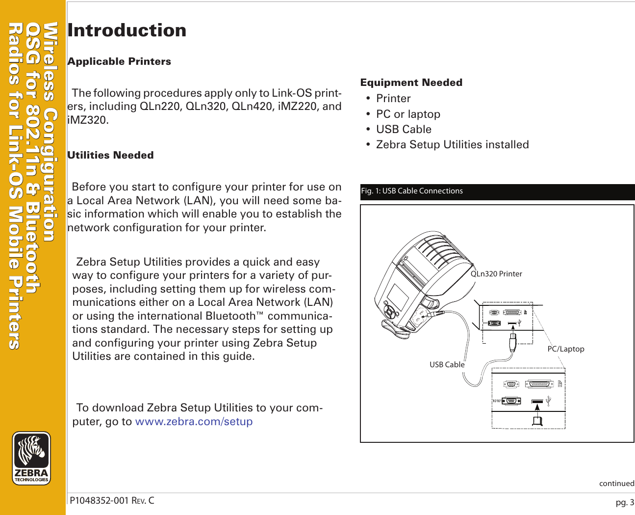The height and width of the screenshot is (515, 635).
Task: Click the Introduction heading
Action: coord(127,30)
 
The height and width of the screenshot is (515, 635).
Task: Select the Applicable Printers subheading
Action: coord(119,61)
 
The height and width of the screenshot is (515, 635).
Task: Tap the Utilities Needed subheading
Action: coord(110,155)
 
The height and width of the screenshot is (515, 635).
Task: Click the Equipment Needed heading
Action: coord(411,82)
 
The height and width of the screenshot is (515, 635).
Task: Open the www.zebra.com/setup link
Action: coord(194,422)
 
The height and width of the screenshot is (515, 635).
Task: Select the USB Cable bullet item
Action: coord(404,129)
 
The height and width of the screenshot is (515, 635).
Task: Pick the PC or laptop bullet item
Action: coord(408,114)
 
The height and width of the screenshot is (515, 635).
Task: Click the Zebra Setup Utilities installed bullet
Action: coord(452,144)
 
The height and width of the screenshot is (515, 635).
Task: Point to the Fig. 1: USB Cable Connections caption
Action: coord(412,191)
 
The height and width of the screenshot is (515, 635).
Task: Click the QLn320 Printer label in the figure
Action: coord(496,274)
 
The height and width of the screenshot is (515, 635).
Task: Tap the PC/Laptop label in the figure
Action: coord(565,349)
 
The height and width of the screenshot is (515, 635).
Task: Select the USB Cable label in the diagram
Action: coord(447,365)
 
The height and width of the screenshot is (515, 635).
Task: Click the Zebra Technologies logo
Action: coord(31,458)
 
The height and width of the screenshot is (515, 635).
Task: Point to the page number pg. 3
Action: coord(625,502)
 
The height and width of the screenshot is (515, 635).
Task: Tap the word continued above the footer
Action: coord(616,484)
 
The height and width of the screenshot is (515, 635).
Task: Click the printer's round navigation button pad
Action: coord(390,312)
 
